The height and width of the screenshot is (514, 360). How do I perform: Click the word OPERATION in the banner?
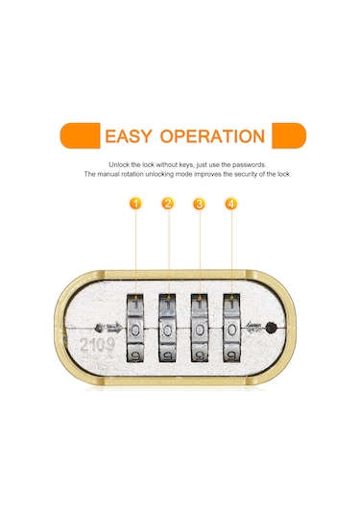211,135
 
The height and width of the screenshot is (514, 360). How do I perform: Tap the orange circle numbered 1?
136,204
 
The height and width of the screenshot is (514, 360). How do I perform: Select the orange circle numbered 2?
167,204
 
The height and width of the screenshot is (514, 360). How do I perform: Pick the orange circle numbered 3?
199,204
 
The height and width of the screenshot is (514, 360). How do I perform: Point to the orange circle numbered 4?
230,204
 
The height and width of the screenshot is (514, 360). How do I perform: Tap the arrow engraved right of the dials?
255,325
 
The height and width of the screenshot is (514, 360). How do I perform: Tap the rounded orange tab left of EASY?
79,135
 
